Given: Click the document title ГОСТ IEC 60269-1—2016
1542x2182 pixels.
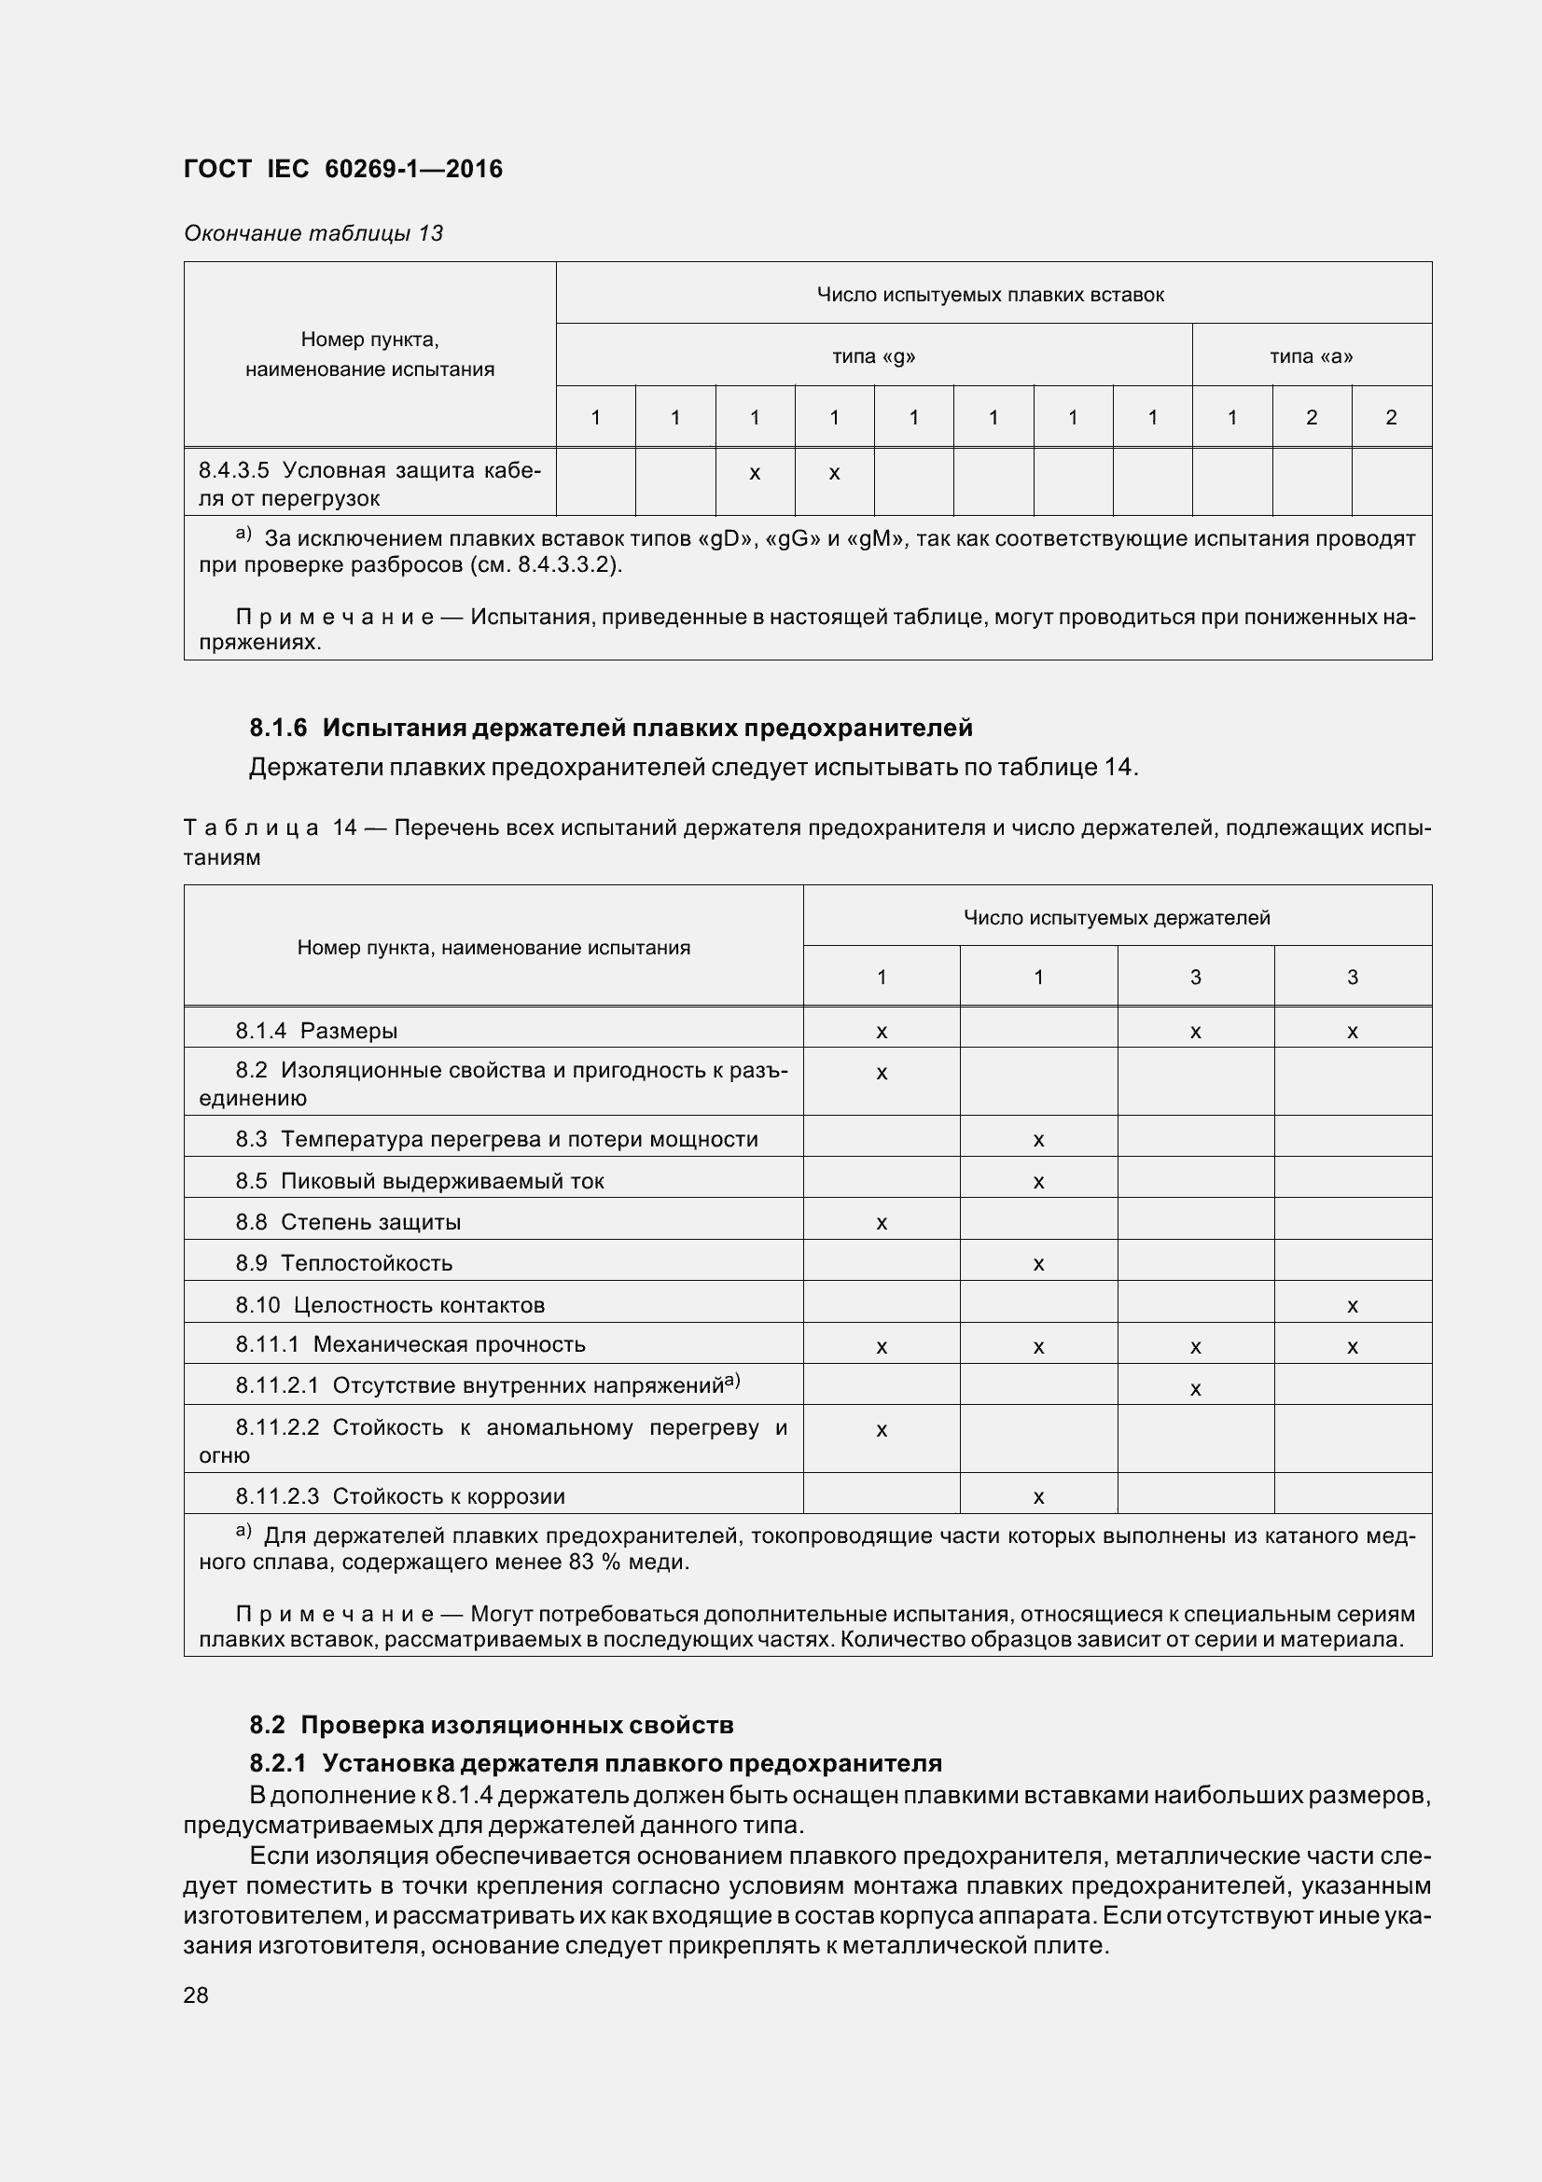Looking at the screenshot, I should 343,169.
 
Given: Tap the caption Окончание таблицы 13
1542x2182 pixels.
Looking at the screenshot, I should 313,234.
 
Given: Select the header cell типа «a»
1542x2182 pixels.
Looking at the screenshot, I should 1312,356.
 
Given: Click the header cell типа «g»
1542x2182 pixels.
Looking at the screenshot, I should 873,356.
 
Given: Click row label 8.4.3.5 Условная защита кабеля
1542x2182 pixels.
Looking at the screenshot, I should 368,484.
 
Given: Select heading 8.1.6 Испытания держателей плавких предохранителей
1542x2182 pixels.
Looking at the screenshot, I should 611,728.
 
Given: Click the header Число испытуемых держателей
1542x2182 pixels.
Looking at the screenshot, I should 1117,917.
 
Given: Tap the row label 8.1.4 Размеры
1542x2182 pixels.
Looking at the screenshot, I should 316,1030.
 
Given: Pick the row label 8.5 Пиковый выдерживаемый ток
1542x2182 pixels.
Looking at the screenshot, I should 419,1180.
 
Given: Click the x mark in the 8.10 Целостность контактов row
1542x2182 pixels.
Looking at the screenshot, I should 1352,1306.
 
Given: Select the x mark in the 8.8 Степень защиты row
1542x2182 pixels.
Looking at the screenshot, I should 882,1223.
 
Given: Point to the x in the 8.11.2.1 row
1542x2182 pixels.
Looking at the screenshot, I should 1195,1388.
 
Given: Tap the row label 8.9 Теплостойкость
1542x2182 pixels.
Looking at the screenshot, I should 344,1263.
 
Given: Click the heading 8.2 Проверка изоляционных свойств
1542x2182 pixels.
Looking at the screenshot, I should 492,1724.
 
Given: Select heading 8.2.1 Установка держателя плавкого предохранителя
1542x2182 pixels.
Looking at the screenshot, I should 596,1763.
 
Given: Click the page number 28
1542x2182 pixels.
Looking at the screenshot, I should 196,1994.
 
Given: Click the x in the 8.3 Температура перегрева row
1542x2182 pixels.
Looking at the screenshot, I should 1038,1139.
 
